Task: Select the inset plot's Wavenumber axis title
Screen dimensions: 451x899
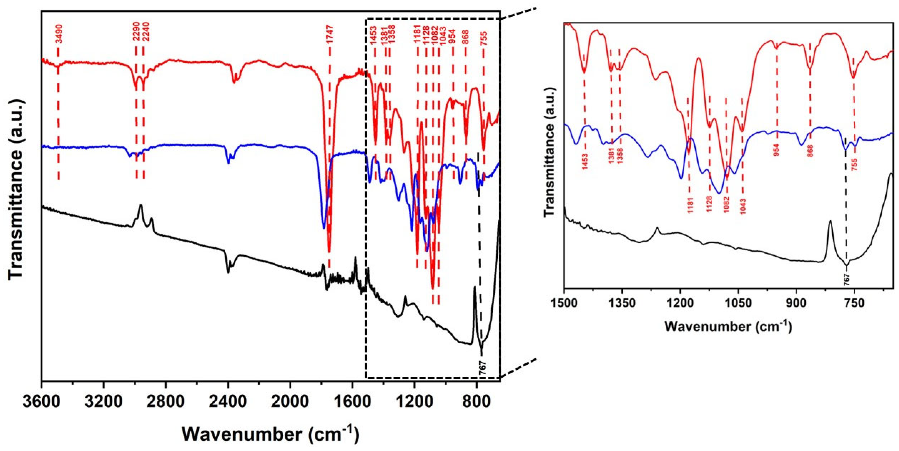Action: (728, 327)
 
